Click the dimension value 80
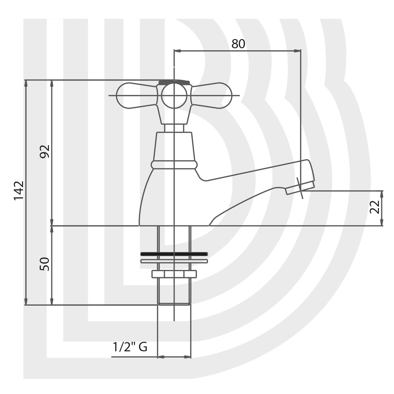[x=238, y=44]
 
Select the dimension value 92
[x=45, y=151]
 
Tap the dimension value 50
[x=45, y=264]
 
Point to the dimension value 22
[x=375, y=207]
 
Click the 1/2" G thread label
[x=130, y=347]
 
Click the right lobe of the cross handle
[x=213, y=96]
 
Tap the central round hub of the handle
[x=174, y=96]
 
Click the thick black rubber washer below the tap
[x=174, y=254]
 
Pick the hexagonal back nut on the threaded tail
[x=174, y=274]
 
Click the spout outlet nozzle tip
[x=299, y=188]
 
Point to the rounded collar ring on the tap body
[x=174, y=164]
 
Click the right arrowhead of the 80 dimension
[x=298, y=51]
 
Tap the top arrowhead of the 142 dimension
[x=26, y=83]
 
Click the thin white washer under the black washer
[x=174, y=261]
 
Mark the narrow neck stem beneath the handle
[x=174, y=128]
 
